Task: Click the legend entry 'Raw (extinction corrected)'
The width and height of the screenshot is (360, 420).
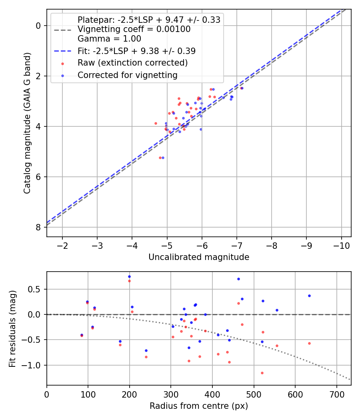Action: (132, 63)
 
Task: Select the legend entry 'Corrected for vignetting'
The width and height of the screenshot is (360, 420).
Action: (127, 75)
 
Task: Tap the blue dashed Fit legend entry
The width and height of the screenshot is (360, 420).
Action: (136, 51)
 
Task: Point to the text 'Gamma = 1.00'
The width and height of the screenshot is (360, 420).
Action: (109, 39)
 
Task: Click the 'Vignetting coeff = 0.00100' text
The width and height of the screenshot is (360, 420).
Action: (134, 29)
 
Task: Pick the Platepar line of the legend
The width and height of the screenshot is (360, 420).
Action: (149, 20)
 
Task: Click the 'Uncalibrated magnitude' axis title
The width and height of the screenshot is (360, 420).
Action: (199, 257)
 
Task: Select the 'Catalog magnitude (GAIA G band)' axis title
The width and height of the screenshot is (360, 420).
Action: (27, 122)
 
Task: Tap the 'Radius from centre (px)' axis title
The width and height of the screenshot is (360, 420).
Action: (199, 406)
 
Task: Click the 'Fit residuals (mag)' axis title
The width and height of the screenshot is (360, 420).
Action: (12, 328)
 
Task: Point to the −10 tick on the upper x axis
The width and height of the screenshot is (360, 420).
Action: (341, 245)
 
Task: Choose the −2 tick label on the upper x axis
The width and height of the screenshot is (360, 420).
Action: (62, 245)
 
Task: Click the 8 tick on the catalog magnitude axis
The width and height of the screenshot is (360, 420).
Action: (39, 227)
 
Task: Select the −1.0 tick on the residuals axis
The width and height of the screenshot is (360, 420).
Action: (34, 365)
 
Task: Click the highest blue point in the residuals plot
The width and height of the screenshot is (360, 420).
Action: (129, 276)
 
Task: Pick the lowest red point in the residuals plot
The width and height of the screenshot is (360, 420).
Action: (262, 373)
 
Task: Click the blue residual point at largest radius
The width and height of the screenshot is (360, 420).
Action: (309, 296)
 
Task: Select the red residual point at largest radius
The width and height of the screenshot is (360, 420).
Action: (309, 343)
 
